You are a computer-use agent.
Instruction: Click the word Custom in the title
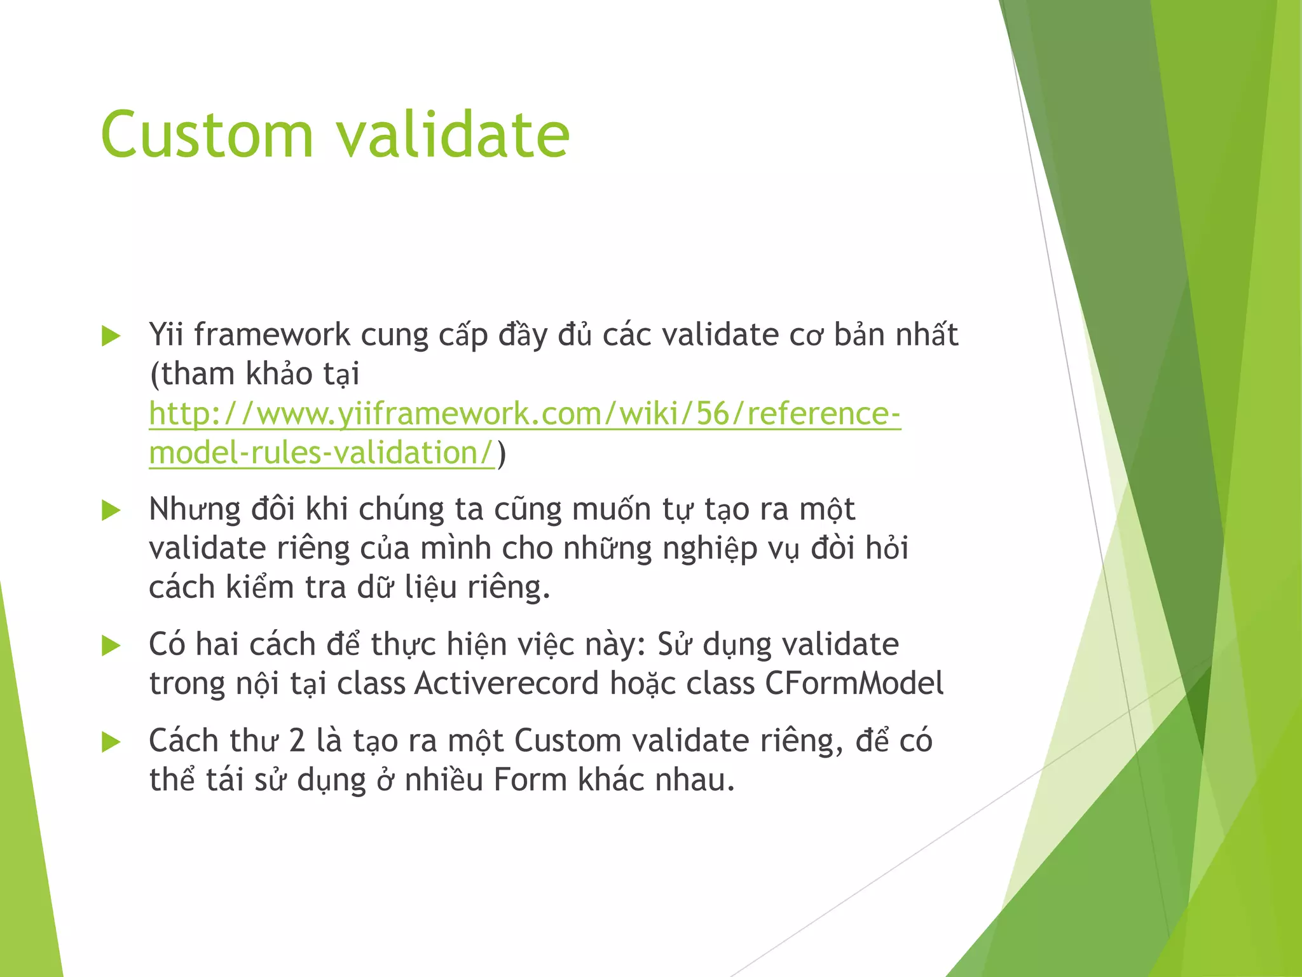(207, 135)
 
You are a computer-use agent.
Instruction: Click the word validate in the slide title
(452, 135)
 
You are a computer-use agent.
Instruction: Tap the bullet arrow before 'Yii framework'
(111, 336)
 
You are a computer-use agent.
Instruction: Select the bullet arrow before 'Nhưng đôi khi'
(111, 510)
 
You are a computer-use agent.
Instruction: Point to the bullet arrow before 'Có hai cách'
(111, 646)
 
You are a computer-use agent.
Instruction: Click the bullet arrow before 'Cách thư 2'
(111, 742)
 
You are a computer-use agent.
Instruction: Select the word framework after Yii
(272, 335)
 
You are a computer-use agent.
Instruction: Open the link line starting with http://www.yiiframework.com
(524, 414)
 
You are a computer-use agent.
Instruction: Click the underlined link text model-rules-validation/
(321, 454)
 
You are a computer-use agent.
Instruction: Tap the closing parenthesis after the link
(502, 454)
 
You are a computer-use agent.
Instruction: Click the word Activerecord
(507, 684)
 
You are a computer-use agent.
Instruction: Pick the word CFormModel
(854, 684)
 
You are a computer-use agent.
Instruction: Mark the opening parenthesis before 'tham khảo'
(154, 375)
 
